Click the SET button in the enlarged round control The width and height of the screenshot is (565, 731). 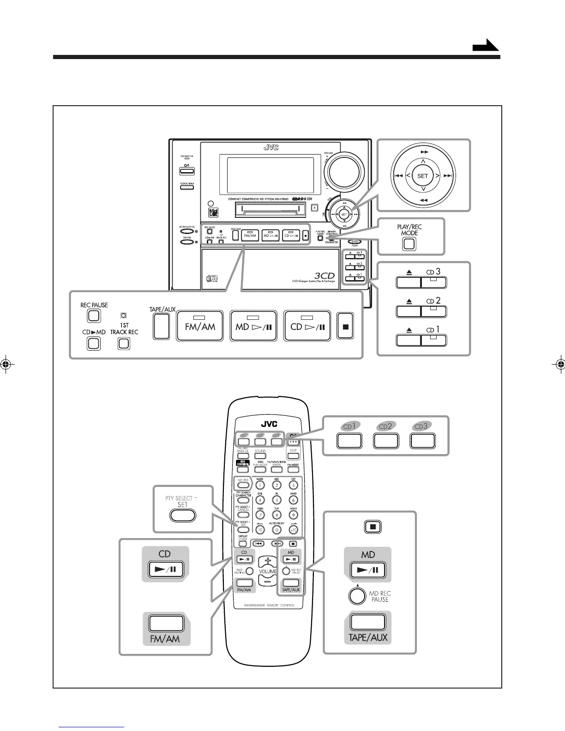click(422, 176)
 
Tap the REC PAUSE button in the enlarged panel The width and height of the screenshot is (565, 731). click(94, 316)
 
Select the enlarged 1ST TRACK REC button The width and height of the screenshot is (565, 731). click(123, 343)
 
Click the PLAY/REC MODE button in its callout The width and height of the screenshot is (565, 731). click(409, 244)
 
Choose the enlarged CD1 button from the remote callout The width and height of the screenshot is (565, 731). click(349, 441)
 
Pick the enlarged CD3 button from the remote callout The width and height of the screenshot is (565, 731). click(422, 441)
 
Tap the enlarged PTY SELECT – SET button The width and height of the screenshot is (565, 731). click(183, 515)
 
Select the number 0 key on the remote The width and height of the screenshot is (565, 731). click(277, 530)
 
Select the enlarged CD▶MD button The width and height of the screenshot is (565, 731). click(94, 343)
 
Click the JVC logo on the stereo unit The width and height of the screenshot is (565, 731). click(271, 148)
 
